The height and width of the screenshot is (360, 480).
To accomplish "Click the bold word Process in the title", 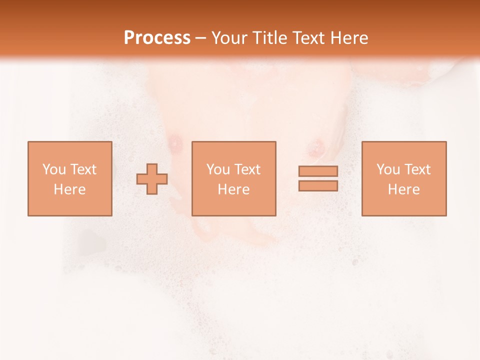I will pos(157,38).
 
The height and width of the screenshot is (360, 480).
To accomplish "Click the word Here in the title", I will pos(350,38).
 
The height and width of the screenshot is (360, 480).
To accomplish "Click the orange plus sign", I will pos(152,179).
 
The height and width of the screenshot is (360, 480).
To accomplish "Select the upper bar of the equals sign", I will pos(318,171).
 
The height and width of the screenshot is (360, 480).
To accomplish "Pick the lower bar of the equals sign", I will pos(318,185).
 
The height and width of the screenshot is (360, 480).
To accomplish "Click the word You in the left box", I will pos(54,169).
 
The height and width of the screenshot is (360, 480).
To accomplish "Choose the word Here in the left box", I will pos(69,189).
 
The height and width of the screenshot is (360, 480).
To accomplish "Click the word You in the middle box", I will pos(218,169).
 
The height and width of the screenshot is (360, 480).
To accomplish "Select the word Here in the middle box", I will pos(233,189).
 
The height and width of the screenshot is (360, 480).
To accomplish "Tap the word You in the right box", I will pos(388,169).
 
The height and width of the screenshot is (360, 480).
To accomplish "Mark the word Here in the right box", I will pos(403,189).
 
